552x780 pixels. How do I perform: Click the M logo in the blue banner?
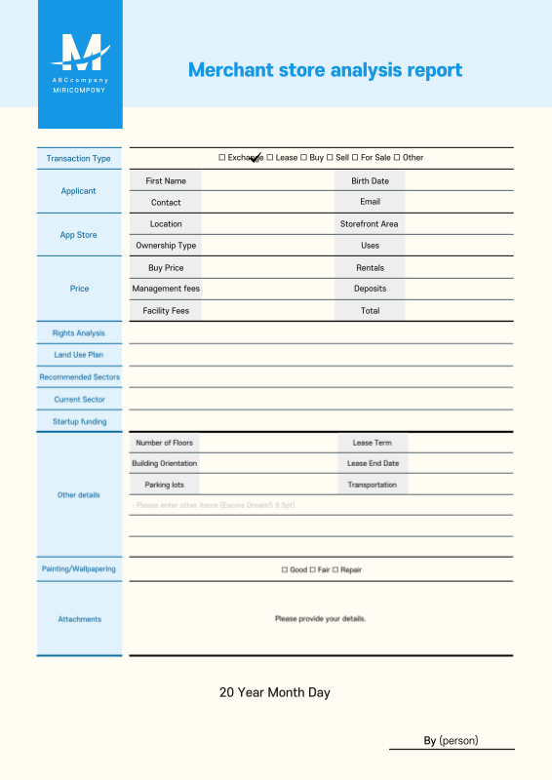80,52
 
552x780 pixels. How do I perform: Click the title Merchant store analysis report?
325,70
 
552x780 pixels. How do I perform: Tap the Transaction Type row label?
79,158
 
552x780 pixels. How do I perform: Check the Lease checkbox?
270,157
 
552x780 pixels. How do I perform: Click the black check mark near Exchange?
256,158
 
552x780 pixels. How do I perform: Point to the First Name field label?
166,180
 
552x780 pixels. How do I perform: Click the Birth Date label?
370,180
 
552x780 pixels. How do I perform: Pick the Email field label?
370,202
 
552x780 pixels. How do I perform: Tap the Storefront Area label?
369,224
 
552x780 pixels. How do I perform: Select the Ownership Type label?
166,246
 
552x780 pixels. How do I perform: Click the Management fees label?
166,289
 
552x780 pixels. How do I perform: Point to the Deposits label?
370,289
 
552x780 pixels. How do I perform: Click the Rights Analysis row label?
79,333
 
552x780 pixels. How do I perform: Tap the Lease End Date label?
373,463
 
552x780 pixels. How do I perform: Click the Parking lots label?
165,485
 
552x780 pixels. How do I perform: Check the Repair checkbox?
335,569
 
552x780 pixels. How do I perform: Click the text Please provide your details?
320,618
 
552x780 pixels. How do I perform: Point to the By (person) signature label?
451,740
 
